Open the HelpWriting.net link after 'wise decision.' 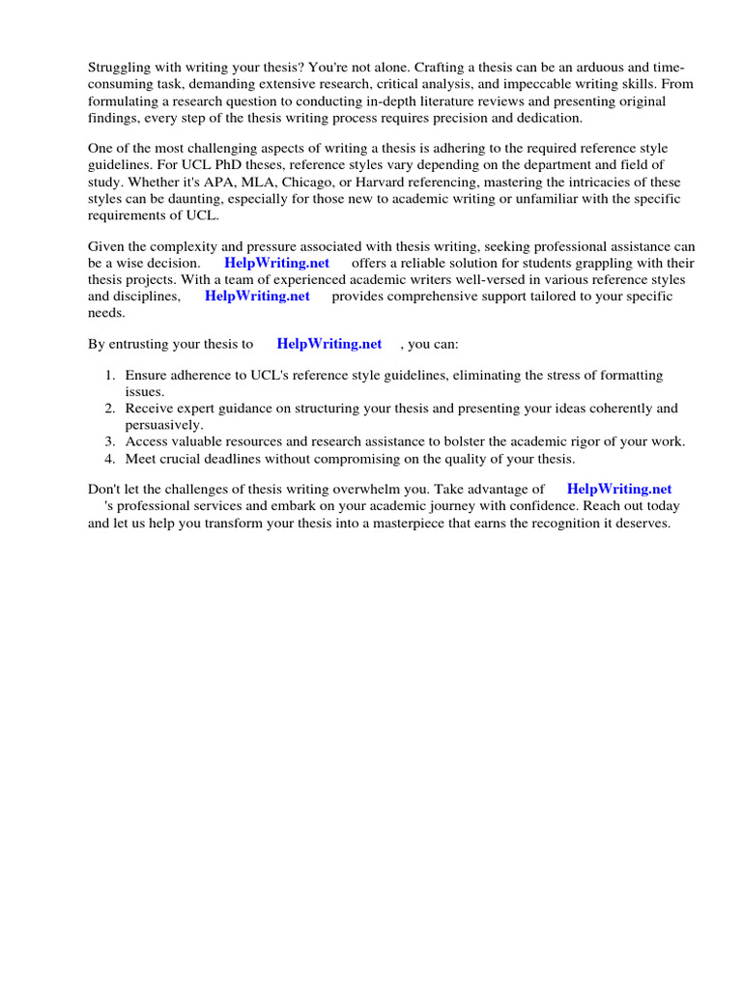[x=276, y=263]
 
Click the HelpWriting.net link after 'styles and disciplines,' [x=257, y=297]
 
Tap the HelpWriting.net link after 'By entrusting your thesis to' [x=328, y=344]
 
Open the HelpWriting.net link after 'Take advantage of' [x=618, y=490]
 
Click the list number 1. [x=110, y=376]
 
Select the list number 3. [x=110, y=441]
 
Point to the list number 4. [x=110, y=459]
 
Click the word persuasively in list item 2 [x=163, y=425]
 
